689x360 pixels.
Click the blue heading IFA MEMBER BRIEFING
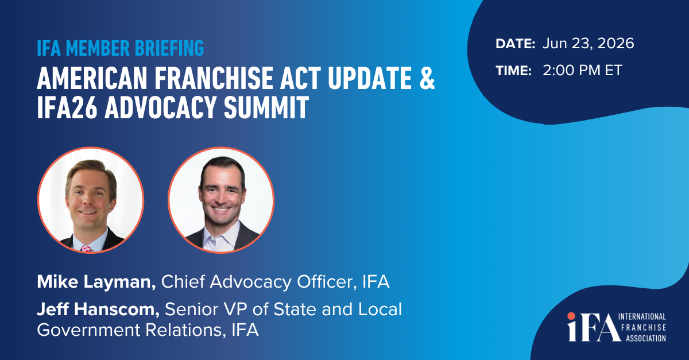[120, 48]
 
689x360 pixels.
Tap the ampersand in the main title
[427, 78]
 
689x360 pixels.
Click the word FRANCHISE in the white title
[214, 78]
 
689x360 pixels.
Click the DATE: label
[515, 44]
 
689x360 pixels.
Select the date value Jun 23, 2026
[588, 44]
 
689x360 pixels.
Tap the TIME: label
[513, 71]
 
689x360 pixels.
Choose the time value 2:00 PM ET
[582, 71]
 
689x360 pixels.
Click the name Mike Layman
[96, 282]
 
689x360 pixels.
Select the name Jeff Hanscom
[98, 309]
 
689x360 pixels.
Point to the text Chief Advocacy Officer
[258, 282]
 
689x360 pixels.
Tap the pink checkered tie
[86, 249]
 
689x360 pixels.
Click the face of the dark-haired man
[221, 192]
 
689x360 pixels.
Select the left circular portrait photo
[91, 200]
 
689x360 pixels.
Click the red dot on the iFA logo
[571, 316]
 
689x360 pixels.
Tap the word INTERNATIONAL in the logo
[642, 316]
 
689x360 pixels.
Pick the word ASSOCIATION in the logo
[645, 338]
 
